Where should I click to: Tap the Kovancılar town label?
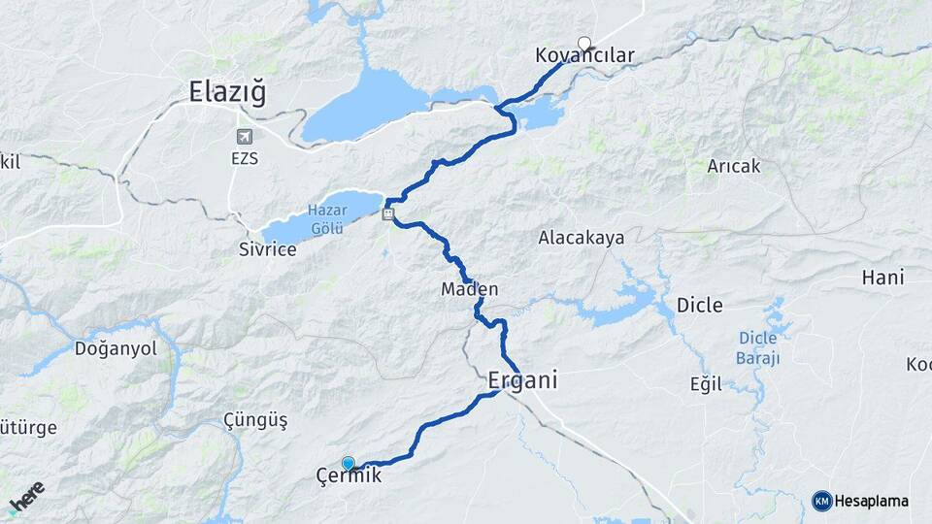(x=584, y=56)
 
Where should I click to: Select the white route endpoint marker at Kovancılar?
(x=584, y=43)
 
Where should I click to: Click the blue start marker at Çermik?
(x=349, y=464)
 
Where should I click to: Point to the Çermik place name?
(x=349, y=476)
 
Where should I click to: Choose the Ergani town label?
(x=522, y=381)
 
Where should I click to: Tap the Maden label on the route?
(x=470, y=289)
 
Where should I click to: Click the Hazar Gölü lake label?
(x=327, y=218)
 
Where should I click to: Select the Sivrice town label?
(x=267, y=248)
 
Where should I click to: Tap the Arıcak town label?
(x=734, y=166)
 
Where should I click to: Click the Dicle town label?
(x=699, y=306)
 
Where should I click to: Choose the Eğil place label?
(x=706, y=384)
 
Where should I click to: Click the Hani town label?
(x=882, y=278)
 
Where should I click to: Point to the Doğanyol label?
(x=116, y=348)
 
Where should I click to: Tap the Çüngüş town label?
(x=255, y=420)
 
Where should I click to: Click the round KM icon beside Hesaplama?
(x=821, y=501)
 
